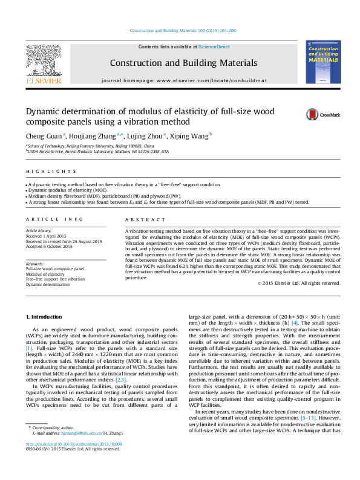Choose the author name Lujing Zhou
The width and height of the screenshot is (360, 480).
point(148,137)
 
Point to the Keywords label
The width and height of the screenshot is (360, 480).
point(34,263)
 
